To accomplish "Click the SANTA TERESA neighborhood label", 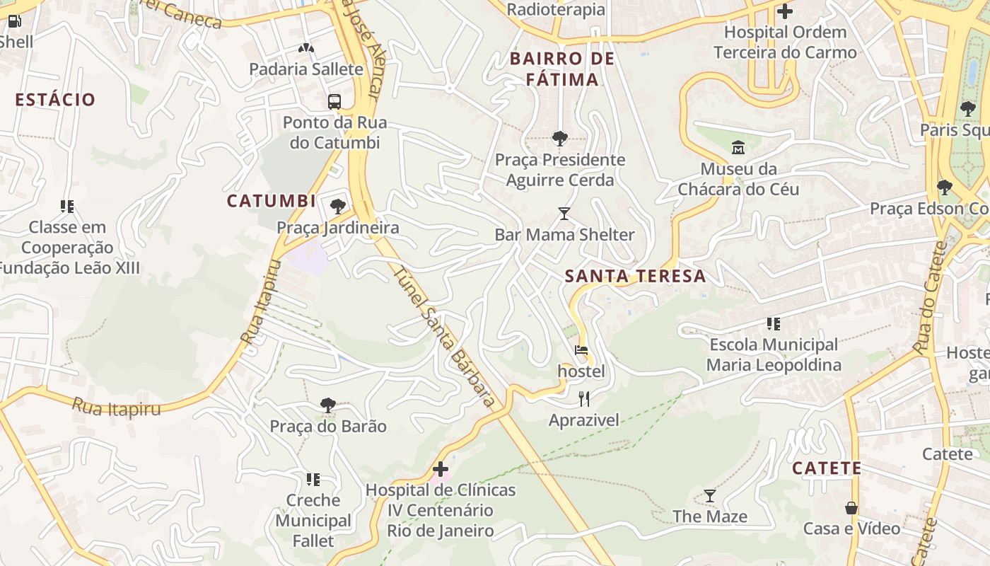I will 636,277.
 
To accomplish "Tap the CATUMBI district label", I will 271,201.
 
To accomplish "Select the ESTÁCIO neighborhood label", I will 55,100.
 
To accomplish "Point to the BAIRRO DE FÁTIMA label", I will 562,69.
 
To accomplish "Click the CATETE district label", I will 826,468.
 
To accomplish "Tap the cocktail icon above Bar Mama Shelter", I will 564,213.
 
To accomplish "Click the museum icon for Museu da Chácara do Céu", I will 738,148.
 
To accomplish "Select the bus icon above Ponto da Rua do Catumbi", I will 334,101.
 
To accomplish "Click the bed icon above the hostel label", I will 581,350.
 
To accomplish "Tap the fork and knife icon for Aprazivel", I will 583,399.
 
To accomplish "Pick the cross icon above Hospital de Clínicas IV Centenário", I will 440,468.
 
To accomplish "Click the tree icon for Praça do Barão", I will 327,405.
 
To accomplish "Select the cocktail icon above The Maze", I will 709,495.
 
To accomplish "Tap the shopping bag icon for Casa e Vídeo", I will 851,508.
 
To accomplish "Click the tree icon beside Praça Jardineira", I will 338,207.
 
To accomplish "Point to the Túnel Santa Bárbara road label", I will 443,337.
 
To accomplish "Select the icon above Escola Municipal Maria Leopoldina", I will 773,324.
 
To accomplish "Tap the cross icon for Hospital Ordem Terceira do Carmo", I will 784,11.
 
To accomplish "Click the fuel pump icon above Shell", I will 14,21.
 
